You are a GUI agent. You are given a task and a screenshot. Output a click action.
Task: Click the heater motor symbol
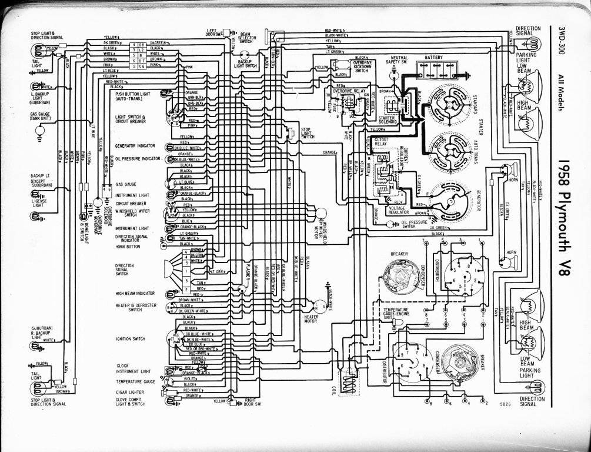(x=322, y=305)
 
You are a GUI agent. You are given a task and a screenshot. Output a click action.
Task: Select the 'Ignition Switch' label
(x=130, y=339)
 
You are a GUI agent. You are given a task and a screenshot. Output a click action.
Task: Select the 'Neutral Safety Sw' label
(x=397, y=59)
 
